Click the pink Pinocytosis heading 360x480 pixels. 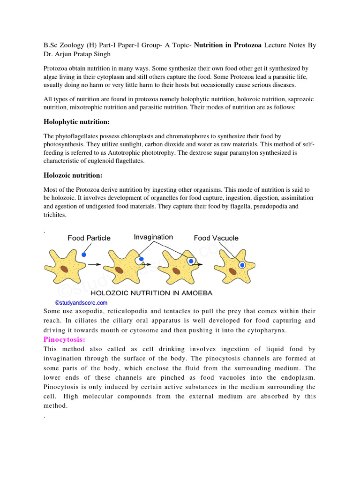pos(64,339)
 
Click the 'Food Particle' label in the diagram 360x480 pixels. pos(89,238)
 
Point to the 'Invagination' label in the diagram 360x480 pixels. pos(153,237)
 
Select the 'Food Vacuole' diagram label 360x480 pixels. pos(216,238)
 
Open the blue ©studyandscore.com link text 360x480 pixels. pos(82,303)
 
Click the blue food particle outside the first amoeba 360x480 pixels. pos(84,255)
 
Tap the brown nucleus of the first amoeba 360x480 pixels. pos(63,270)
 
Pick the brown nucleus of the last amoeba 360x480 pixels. pos(232,271)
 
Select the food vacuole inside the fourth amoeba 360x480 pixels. pos(242,265)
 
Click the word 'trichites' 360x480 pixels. pos(55,215)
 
